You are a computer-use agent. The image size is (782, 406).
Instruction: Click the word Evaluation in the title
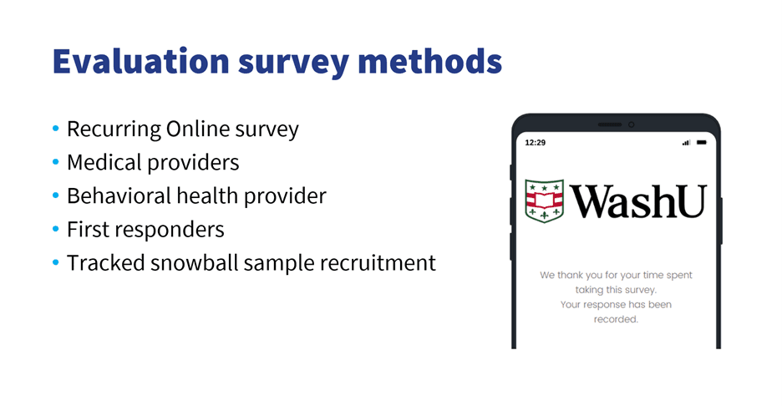[141, 61]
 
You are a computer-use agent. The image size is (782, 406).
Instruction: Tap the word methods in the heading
[430, 61]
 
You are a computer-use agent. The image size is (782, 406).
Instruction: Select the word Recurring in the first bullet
[114, 129]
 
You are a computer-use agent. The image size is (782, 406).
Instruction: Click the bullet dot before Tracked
[55, 262]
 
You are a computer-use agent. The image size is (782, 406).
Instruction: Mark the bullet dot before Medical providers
[55, 161]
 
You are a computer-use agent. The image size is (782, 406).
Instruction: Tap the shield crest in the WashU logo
[545, 200]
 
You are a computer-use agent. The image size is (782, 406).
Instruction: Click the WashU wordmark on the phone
[638, 201]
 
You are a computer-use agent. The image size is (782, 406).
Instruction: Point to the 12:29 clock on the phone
[536, 143]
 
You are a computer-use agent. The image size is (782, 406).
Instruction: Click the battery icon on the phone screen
[702, 143]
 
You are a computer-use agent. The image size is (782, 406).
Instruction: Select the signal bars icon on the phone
[686, 143]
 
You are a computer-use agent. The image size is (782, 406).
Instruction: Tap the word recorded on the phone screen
[616, 319]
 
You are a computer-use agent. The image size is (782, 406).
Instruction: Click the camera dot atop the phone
[632, 124]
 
